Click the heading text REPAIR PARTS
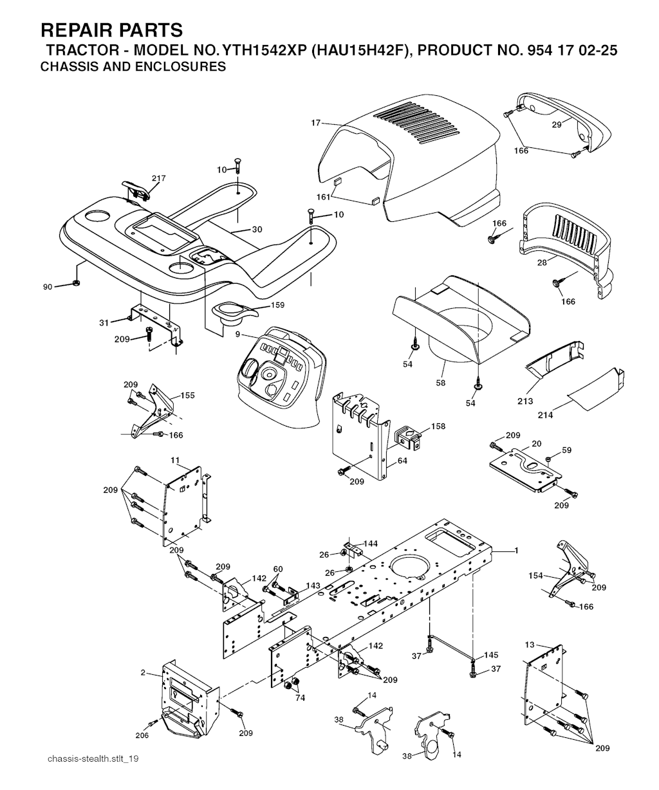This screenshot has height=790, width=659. point(111,30)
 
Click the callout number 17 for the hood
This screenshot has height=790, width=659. point(315,122)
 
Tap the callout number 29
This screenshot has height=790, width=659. point(557,124)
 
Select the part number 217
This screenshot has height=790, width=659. point(158,178)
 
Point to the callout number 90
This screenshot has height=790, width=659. point(48,287)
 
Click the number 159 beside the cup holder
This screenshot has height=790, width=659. point(277,305)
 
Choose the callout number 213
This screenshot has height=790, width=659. point(525,401)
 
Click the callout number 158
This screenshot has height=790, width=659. point(438,426)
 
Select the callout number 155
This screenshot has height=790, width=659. point(187,395)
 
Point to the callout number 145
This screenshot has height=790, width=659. point(492,655)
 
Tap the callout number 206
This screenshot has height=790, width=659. point(142,735)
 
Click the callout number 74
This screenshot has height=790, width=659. point(299,697)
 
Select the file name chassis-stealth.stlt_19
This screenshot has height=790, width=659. point(93,759)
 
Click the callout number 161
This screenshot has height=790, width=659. point(324,197)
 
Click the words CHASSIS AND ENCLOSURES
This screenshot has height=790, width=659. point(133,66)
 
